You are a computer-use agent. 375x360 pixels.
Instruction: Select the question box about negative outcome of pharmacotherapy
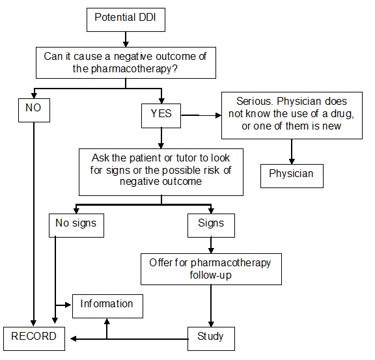(x=125, y=62)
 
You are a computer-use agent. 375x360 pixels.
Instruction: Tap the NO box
(x=33, y=109)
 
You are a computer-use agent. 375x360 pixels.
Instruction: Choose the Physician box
(x=291, y=174)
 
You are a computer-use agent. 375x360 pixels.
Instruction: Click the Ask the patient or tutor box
(x=161, y=171)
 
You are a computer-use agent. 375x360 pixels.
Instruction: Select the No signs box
(x=77, y=223)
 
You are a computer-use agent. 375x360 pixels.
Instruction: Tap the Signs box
(x=210, y=223)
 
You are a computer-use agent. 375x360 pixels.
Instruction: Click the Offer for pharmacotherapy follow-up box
(x=210, y=268)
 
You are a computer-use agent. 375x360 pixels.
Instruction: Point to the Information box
(x=107, y=304)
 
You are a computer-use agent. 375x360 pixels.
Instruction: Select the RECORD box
(x=34, y=337)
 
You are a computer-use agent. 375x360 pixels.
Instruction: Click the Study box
(x=210, y=337)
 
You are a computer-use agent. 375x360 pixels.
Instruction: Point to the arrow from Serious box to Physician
(x=291, y=151)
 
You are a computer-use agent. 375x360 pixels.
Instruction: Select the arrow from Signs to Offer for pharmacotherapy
(x=210, y=244)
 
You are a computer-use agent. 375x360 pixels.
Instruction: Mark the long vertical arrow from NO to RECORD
(x=33, y=221)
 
